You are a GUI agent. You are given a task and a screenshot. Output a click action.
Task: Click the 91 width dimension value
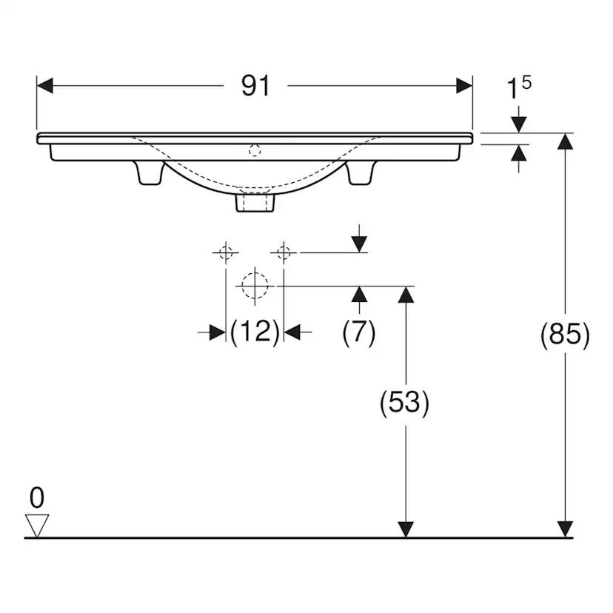[x=255, y=86]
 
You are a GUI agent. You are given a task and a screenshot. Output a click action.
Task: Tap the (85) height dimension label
[x=565, y=335]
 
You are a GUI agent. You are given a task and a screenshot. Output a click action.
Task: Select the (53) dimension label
[x=405, y=403]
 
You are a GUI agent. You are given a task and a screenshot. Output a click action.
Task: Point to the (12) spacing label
[x=255, y=332]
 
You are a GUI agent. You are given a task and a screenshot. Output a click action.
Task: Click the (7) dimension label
[x=359, y=332]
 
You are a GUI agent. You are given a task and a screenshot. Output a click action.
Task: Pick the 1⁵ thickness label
[x=519, y=87]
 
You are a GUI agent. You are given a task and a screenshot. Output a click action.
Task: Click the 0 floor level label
[x=37, y=498]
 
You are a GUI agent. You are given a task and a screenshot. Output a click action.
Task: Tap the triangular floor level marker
[x=37, y=526]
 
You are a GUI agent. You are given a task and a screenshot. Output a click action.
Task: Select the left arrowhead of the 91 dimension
[x=44, y=86]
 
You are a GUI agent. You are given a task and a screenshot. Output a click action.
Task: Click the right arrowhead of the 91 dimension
[x=464, y=86]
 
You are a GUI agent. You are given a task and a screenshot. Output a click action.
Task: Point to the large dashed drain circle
[x=255, y=286]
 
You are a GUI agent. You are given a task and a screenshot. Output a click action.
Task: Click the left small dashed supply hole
[x=226, y=252]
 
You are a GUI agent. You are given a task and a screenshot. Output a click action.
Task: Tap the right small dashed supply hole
[x=284, y=252]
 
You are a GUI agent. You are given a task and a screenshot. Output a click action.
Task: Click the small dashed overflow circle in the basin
[x=255, y=150]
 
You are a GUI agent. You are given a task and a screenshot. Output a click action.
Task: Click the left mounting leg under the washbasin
[x=150, y=172]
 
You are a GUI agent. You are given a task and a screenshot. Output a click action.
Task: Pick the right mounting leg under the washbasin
[x=361, y=172]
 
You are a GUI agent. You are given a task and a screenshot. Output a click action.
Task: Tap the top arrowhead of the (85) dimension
[x=565, y=141]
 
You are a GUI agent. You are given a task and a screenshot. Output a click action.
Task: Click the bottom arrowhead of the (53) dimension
[x=406, y=529]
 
